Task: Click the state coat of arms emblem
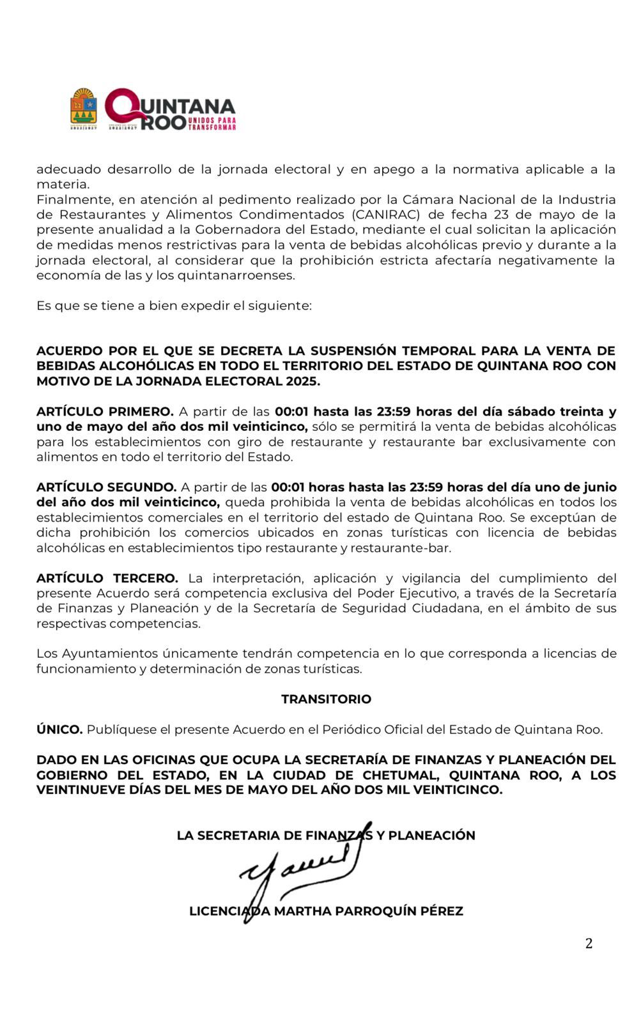tap(83, 107)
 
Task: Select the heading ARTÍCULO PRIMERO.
tap(105, 411)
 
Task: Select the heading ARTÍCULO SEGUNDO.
tap(106, 487)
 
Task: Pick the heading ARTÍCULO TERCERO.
tap(107, 578)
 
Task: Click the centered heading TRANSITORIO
tap(326, 699)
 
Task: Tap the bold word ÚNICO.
tap(59, 730)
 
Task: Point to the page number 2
tap(589, 943)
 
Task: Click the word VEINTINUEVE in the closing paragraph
tap(81, 790)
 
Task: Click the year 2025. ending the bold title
tap(302, 381)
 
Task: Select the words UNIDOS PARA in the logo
tap(212, 120)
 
